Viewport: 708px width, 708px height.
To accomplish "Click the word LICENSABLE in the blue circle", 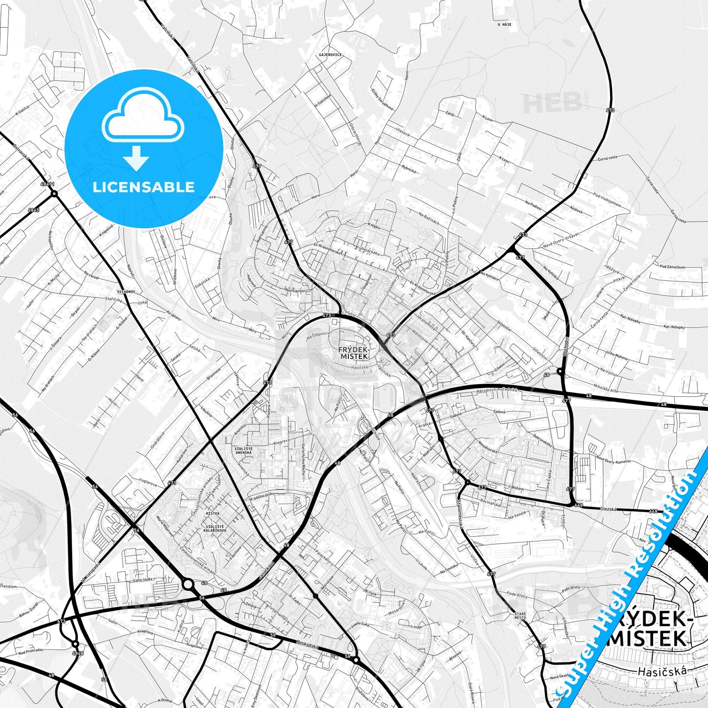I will [x=144, y=187].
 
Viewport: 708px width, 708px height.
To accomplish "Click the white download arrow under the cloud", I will [x=136, y=158].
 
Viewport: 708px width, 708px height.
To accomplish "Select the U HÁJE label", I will [x=504, y=24].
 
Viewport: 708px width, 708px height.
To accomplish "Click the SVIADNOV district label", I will [x=125, y=292].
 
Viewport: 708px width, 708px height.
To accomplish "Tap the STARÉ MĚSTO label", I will [x=520, y=615].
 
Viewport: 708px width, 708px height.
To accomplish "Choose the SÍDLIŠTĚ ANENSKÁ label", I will [x=244, y=451].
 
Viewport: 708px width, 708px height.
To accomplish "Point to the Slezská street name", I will [x=609, y=509].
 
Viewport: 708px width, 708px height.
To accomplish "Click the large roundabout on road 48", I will [x=188, y=584].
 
